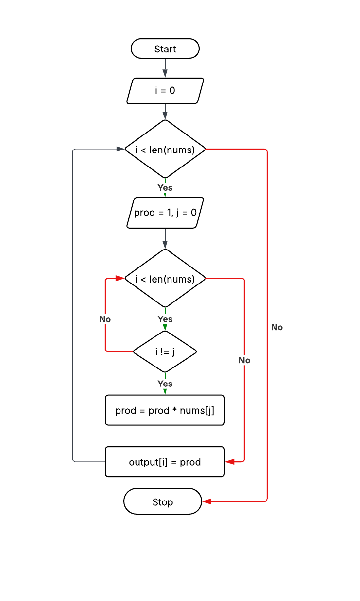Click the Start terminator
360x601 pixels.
(x=165, y=49)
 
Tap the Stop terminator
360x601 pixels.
(x=163, y=501)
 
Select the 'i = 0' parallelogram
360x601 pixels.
(x=165, y=91)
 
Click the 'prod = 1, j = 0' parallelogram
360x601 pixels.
(x=165, y=213)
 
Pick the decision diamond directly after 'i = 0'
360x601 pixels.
(x=165, y=150)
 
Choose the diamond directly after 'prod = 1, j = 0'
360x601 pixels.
(x=165, y=279)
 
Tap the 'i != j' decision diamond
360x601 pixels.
(x=165, y=351)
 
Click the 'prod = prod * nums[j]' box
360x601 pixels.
(x=165, y=410)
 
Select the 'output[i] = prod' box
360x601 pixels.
(x=165, y=462)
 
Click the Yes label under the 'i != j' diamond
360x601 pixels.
(x=165, y=384)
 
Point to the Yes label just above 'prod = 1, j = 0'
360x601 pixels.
(x=165, y=187)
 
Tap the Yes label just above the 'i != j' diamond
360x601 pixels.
(x=165, y=319)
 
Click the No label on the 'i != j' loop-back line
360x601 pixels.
(x=105, y=319)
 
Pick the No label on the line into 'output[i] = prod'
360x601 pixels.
(x=244, y=360)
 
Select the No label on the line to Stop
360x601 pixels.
(x=277, y=327)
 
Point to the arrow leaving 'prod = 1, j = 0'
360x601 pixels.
(x=165, y=238)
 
